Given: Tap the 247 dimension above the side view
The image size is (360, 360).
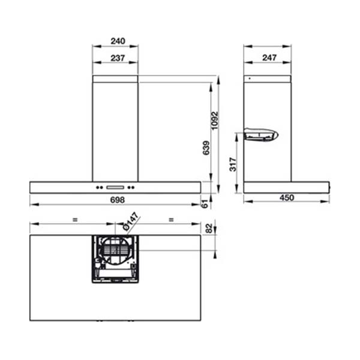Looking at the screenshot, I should [268, 58].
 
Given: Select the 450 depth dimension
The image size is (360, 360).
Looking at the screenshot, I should [287, 198].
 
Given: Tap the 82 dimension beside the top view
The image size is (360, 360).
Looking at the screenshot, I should [209, 228].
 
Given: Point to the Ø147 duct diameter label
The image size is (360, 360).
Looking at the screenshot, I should [131, 221].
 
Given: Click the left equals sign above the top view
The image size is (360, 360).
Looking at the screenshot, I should [75, 220].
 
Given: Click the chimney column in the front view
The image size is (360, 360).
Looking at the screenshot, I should [115, 129].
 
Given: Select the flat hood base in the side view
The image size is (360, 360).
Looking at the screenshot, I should [286, 187].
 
